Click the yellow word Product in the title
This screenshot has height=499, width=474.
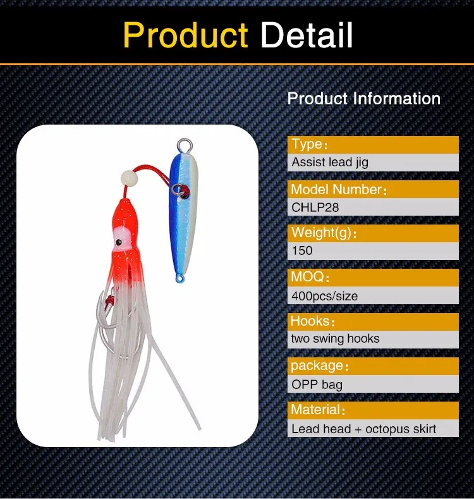point(185,35)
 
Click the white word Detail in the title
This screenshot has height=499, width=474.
point(307,35)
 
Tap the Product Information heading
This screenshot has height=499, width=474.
point(363,98)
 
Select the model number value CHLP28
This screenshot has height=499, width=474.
point(315,207)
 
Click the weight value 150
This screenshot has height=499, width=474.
point(302,250)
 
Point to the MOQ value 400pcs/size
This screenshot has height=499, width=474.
point(324,296)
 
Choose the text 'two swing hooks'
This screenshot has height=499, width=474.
point(336,338)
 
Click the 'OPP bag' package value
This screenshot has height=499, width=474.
point(317,385)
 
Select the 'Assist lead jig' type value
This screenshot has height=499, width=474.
point(330,162)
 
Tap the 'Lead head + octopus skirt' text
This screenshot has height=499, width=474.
point(363,429)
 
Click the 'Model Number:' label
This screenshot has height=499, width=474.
point(339,189)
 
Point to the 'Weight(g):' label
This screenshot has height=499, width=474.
point(324,233)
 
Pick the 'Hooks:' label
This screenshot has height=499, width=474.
point(312,321)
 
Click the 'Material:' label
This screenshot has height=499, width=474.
point(318,409)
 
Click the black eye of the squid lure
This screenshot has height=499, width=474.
point(119,242)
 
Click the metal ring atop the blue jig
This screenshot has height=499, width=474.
point(185,145)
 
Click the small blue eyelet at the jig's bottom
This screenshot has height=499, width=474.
point(180,279)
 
